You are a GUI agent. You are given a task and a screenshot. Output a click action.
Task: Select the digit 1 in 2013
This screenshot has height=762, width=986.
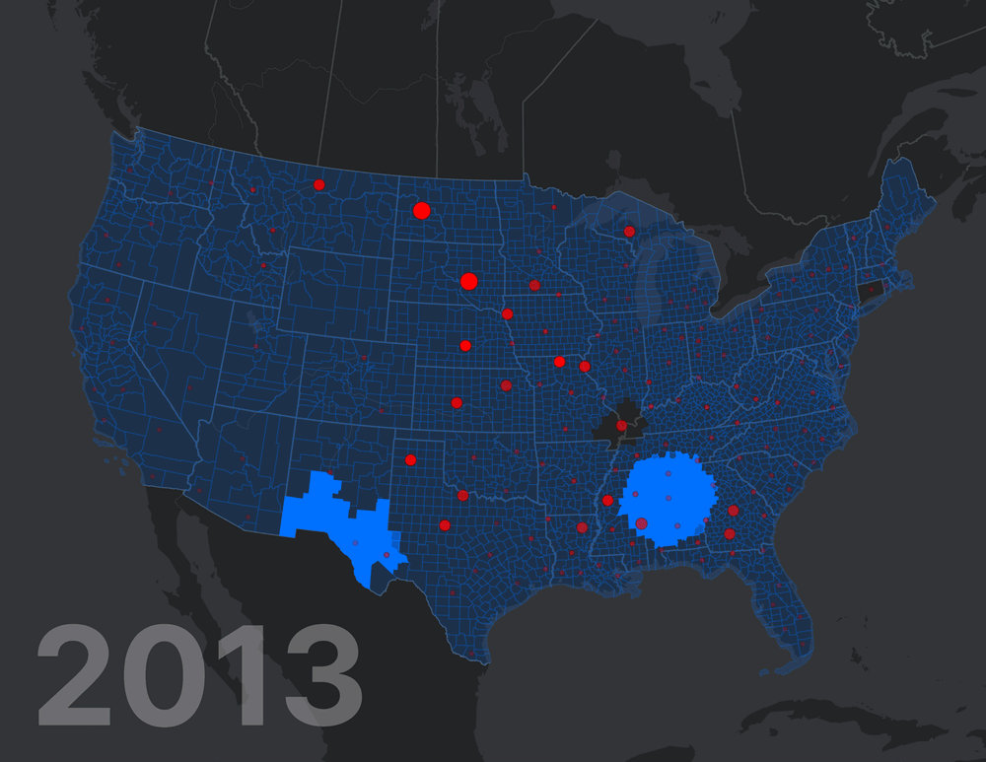point(235,680)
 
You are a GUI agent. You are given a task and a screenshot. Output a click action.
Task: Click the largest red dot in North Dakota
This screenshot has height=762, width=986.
point(422,210)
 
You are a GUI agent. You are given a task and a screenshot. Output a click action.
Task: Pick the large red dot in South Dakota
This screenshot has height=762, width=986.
point(468,281)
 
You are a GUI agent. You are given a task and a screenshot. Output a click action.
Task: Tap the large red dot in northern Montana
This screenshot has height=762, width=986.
point(319,184)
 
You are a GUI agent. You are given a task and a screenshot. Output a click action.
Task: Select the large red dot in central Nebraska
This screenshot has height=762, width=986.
point(465,345)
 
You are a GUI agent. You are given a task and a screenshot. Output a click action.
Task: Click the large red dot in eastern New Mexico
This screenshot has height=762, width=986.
point(410,459)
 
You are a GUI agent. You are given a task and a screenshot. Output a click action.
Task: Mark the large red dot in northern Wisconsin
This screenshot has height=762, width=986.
point(629,232)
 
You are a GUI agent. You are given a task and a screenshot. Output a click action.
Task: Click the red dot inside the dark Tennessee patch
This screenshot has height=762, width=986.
point(621,426)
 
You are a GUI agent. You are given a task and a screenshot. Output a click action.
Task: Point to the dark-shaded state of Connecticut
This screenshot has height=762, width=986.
point(870,292)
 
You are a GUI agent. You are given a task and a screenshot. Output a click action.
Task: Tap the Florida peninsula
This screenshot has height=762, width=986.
point(789,621)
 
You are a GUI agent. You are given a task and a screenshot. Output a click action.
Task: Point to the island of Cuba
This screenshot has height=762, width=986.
point(838,715)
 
